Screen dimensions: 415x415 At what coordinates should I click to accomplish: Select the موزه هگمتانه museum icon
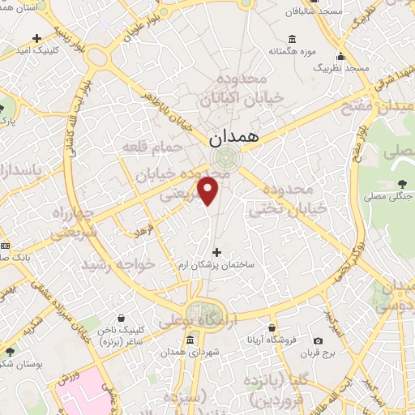[x=292, y=40]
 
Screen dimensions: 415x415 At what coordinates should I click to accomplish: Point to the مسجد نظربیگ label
[x=341, y=70]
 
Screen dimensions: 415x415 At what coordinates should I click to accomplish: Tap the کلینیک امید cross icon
[x=36, y=38]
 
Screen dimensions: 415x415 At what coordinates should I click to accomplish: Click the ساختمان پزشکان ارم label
[x=216, y=265]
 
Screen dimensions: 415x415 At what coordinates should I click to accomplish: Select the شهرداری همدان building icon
[x=189, y=340]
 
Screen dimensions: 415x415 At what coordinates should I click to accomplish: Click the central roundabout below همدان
[x=226, y=158]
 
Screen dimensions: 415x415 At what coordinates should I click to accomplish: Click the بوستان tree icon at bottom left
[x=9, y=352]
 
